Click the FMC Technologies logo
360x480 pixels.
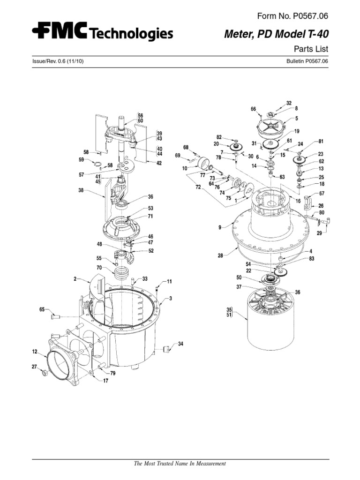tap(102, 32)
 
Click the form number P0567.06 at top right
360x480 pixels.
tap(292, 16)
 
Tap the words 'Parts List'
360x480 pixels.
tap(310, 49)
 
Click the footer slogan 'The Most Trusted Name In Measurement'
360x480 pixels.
tap(180, 464)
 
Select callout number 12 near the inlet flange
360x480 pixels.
tap(34, 351)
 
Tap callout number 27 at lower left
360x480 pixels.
tap(34, 367)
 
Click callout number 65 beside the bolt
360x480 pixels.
tap(42, 310)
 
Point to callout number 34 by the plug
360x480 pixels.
tap(180, 344)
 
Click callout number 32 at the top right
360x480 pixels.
tap(289, 103)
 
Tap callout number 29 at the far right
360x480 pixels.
tap(319, 233)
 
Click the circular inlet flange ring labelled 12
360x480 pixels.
tap(60, 361)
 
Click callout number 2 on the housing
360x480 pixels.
tap(75, 278)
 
